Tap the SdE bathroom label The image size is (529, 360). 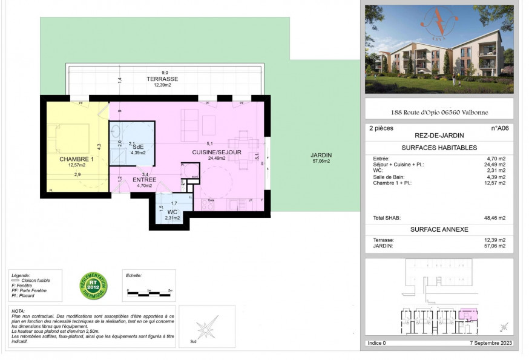click(138, 147)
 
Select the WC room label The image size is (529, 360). click(172, 212)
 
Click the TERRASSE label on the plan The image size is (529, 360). click(162, 79)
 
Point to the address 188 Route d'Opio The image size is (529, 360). click(439, 113)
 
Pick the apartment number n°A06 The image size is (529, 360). click(499, 128)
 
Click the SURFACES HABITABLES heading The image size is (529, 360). click(439, 148)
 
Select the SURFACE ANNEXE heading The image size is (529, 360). click(439, 230)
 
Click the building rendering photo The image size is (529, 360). click(439, 49)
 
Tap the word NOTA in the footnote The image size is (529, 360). click(18, 310)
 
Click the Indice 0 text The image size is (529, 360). click(376, 343)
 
